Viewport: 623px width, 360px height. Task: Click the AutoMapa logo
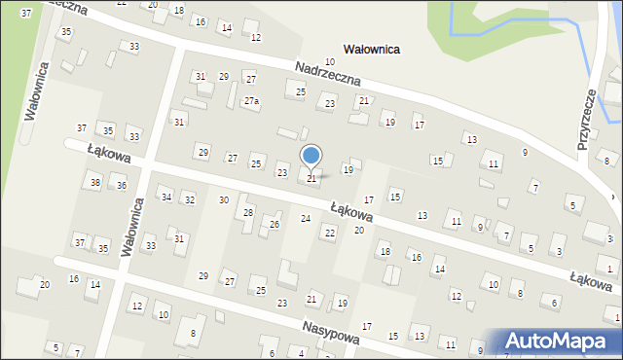[x=562, y=341]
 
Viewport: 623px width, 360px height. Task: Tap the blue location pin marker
[x=311, y=157]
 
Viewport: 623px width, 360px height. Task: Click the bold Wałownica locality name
[x=373, y=48]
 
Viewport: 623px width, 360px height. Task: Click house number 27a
[x=251, y=101]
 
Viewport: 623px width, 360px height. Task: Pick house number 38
[x=94, y=182]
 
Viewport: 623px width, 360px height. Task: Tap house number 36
[x=122, y=185]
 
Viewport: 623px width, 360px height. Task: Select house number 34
[x=166, y=198]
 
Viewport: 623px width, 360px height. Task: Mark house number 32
[x=190, y=199]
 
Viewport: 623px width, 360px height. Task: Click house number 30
[x=224, y=199]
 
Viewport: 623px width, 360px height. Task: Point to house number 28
[x=248, y=212]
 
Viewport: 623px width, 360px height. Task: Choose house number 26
[x=275, y=224]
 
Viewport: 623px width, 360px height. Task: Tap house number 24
[x=306, y=218]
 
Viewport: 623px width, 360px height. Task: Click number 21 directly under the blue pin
[x=311, y=178]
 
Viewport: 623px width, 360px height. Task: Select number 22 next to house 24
[x=329, y=232]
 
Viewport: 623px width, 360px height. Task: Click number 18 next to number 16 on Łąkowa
[x=385, y=252]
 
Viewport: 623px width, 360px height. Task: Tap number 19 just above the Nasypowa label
[x=342, y=304]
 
